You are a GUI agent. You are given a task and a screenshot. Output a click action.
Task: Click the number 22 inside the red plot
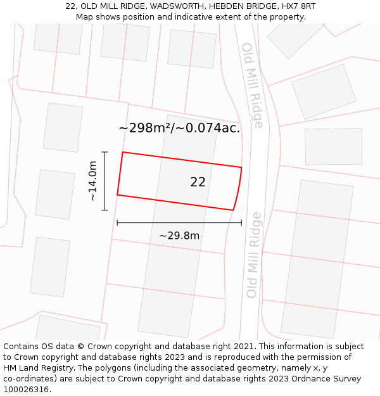point(198,182)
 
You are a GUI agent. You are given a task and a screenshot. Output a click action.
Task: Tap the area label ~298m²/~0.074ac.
point(179,128)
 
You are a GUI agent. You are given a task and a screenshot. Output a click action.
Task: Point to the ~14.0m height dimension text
point(93,181)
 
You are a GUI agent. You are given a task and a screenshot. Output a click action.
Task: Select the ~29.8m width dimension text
point(179,236)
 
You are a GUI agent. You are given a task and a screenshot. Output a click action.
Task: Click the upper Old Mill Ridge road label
point(251,85)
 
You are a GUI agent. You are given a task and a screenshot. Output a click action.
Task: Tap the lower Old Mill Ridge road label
point(253,255)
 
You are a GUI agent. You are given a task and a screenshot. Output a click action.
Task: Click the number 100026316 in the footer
point(27,389)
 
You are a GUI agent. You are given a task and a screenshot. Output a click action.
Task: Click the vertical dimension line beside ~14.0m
point(105,181)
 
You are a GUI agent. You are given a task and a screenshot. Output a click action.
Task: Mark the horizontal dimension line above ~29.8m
point(179,222)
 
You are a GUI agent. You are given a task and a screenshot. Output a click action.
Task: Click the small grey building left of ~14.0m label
point(55,194)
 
